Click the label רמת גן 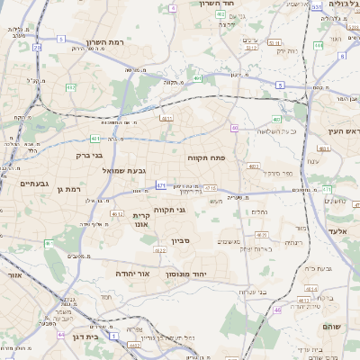67,189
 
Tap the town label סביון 181,241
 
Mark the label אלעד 337,231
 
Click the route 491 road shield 197,78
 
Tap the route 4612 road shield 117,213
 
